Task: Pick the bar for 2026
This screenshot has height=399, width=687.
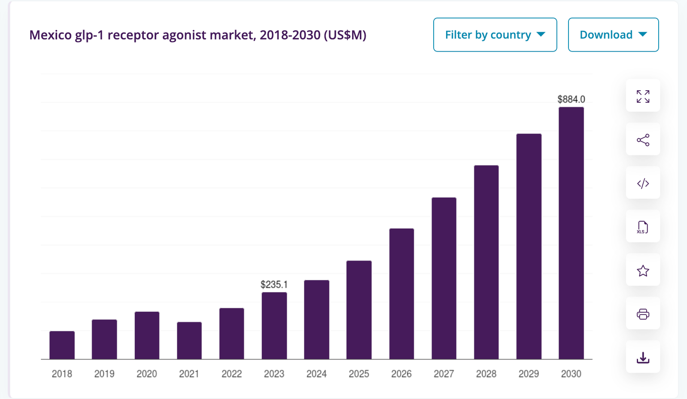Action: [x=401, y=294]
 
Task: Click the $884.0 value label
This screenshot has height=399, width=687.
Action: [x=571, y=99]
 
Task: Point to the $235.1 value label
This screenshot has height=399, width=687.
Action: [x=274, y=284]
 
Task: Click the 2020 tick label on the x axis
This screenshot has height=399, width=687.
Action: [x=146, y=374]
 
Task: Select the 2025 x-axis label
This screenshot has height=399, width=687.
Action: [x=359, y=374]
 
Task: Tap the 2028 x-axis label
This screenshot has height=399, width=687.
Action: [x=486, y=374]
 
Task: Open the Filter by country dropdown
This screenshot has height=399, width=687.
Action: [x=495, y=35]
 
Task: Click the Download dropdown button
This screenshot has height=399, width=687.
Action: [x=613, y=35]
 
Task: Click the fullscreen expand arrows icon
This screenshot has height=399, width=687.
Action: [x=643, y=96]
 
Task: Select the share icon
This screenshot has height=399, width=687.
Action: [x=643, y=140]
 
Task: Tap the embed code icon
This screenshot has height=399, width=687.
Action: [x=643, y=183]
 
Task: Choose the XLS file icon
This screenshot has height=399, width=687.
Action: [x=643, y=227]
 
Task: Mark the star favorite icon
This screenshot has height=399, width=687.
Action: [x=643, y=271]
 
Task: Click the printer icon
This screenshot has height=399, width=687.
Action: [x=643, y=314]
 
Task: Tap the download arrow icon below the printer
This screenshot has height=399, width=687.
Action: [x=643, y=357]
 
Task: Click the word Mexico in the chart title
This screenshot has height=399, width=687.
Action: [x=50, y=35]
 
